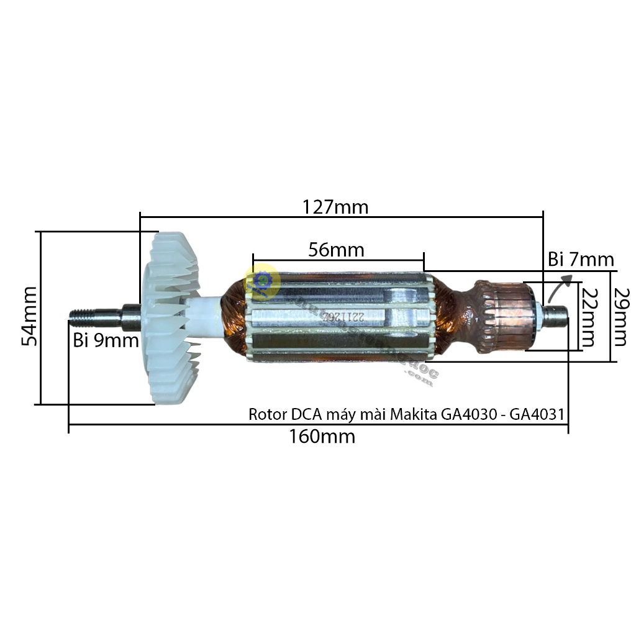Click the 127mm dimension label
click(335, 206)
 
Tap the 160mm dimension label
click(322, 437)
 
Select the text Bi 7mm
click(580, 260)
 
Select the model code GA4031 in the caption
click(538, 414)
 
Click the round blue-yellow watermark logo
click(261, 281)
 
